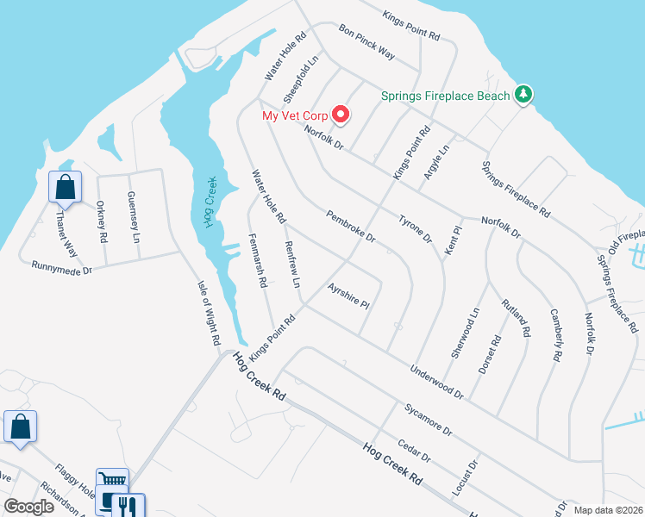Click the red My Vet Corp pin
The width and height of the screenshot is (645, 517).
[x=341, y=114]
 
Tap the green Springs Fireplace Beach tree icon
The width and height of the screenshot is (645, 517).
[x=523, y=95]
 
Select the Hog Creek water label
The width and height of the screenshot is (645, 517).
[x=210, y=202]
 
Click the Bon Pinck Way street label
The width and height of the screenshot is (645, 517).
[x=366, y=41]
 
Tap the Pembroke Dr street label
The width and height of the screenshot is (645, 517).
[x=351, y=225]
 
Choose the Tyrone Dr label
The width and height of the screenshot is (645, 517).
[x=415, y=228]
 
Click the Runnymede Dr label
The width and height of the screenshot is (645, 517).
[x=61, y=268]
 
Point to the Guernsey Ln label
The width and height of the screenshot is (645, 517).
[x=134, y=216]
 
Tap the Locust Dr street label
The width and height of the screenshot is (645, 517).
[x=465, y=477]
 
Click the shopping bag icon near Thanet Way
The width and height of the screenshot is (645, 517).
[x=66, y=186]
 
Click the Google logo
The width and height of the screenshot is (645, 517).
[x=28, y=507]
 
